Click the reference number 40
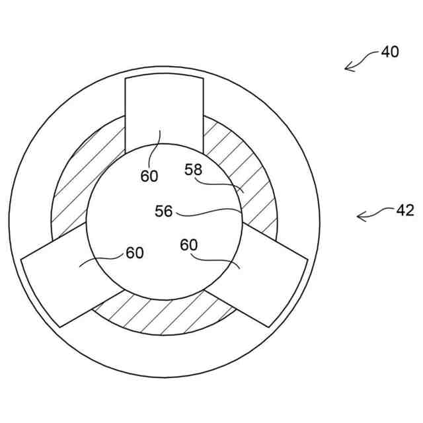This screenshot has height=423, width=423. point(390,52)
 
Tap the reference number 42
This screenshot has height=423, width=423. point(405,210)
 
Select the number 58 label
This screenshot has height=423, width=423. point(193,170)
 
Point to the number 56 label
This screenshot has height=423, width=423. point(163,211)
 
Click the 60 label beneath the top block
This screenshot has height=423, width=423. point(149,176)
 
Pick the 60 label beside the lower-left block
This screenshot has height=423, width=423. point(135,252)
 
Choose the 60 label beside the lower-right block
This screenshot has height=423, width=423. point(189,245)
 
